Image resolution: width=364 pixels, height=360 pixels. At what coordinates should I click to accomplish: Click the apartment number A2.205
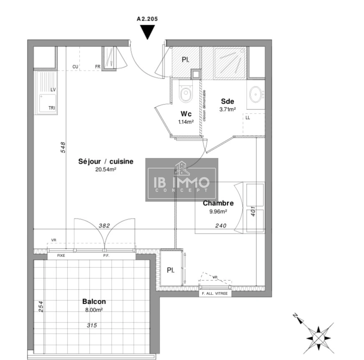click(147, 19)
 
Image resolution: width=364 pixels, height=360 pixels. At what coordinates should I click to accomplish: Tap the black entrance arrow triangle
click(147, 32)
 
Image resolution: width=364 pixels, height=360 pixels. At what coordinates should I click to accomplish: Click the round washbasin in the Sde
click(256, 95)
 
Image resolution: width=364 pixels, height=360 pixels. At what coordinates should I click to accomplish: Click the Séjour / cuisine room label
click(106, 162)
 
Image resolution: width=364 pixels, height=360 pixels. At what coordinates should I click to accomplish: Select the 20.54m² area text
click(106, 169)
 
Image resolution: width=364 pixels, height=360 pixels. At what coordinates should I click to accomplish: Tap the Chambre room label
click(218, 203)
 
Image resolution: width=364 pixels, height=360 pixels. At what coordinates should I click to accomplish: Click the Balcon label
click(94, 302)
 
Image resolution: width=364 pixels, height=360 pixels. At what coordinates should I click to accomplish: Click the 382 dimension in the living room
click(104, 226)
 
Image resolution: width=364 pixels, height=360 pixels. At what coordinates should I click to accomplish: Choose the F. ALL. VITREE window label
click(215, 294)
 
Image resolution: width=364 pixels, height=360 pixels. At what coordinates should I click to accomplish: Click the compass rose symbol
click(319, 338)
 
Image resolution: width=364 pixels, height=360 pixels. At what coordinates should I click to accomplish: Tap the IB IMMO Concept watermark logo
click(182, 180)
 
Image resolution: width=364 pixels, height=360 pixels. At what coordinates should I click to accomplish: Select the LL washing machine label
click(248, 118)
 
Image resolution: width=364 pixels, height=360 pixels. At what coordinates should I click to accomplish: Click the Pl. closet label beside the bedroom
click(171, 270)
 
